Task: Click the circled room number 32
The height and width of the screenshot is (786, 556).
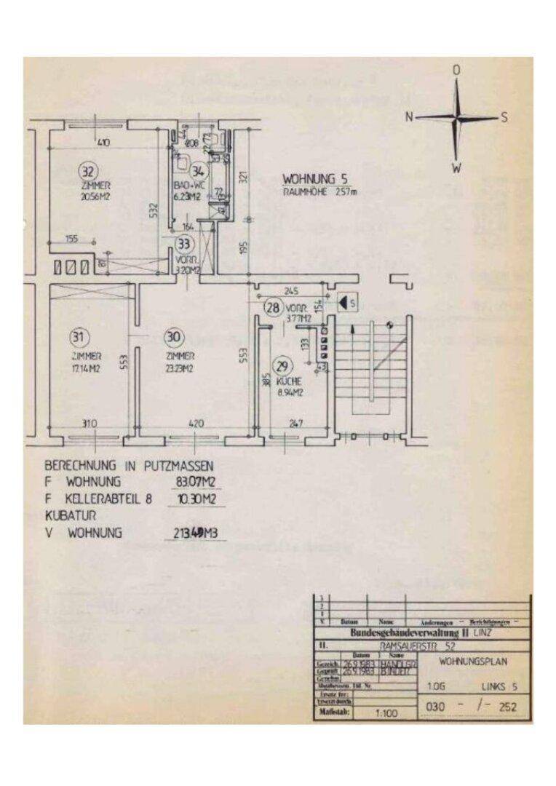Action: click(87, 172)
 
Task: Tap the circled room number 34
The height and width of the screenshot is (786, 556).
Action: click(199, 172)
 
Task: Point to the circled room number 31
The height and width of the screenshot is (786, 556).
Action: click(78, 336)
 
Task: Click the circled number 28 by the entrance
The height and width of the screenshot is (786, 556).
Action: click(274, 306)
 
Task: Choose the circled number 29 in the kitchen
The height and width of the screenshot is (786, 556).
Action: click(280, 365)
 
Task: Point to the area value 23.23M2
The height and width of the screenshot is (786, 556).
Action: click(180, 368)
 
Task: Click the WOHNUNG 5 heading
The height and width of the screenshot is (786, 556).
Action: click(314, 178)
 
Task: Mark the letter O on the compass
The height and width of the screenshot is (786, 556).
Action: click(457, 71)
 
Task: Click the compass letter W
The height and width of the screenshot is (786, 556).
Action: click(456, 168)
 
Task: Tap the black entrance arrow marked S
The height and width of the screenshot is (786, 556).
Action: click(348, 300)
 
